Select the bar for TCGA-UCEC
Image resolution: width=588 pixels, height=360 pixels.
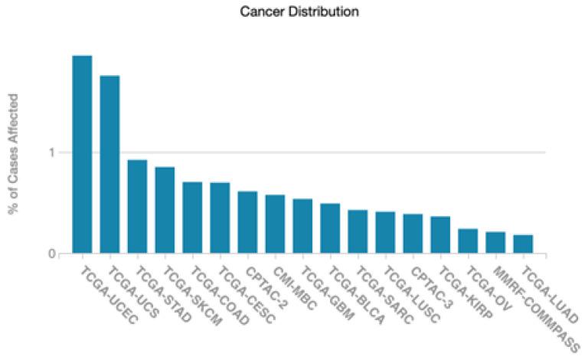[82, 154]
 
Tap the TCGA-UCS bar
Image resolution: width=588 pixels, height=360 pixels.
[109, 164]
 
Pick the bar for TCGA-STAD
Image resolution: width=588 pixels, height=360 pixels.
[137, 206]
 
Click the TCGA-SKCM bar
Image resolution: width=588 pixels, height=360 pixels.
[165, 210]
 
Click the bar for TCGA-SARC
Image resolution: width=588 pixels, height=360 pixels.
[358, 231]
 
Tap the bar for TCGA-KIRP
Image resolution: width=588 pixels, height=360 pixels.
[440, 234]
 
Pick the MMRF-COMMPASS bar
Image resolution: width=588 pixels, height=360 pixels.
[495, 242]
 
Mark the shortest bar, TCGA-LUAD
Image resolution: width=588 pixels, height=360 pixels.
[523, 244]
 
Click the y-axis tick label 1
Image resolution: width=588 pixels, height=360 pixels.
[51, 152]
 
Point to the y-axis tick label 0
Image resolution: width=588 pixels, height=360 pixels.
[51, 254]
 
